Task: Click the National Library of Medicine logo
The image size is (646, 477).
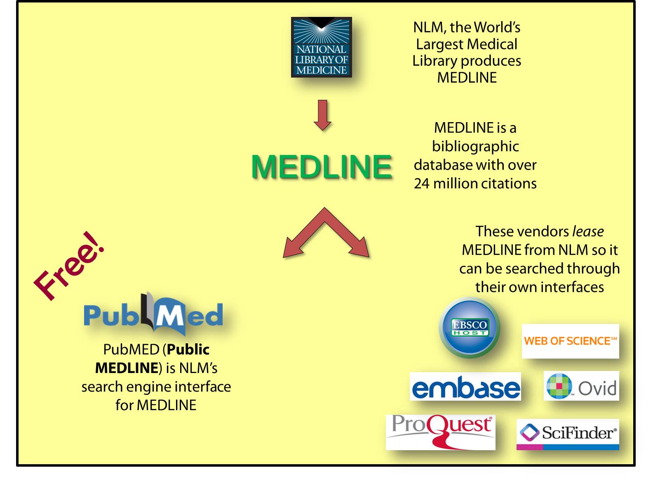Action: pos(321,47)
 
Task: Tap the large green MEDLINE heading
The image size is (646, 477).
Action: pos(322,167)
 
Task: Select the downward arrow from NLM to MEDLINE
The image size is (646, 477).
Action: pos(322,115)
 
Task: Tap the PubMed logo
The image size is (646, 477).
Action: pos(153,315)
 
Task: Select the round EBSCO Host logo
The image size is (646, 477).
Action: pos(470,328)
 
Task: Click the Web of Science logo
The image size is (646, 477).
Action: pos(570,341)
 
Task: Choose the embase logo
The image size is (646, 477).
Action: pos(465,387)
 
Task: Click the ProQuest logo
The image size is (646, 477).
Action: pos(441,432)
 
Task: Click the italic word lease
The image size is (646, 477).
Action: pos(588,231)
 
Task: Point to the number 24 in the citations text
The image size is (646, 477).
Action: pos(422,184)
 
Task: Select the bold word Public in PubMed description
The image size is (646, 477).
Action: pos(188,349)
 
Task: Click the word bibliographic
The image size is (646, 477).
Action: pos(475,146)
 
